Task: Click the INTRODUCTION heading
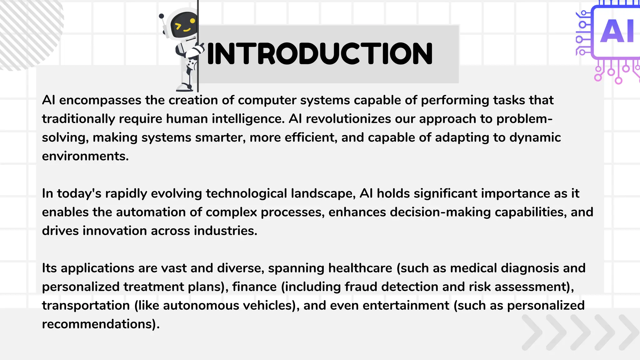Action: pyautogui.click(x=320, y=54)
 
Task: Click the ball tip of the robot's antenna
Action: pyautogui.click(x=161, y=16)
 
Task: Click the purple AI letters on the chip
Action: pyautogui.click(x=617, y=31)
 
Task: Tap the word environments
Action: pyautogui.click(x=85, y=156)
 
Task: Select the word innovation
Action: pyautogui.click(x=115, y=231)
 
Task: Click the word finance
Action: pyautogui.click(x=254, y=287)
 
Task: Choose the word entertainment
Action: pyautogui.click(x=406, y=306)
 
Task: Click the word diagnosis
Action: pyautogui.click(x=530, y=268)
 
